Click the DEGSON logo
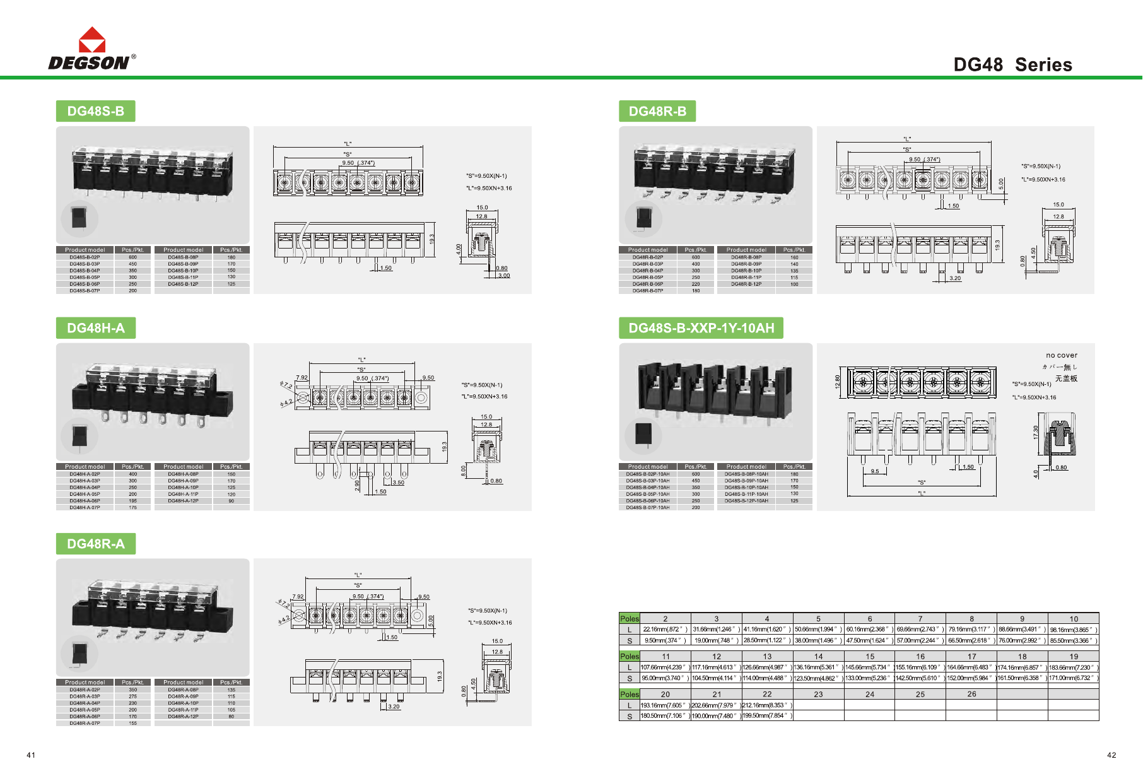click(x=91, y=49)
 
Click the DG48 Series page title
click(x=1012, y=64)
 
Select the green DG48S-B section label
click(x=95, y=111)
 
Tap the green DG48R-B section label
click(x=657, y=111)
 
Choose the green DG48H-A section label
click(x=96, y=328)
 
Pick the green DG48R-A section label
click(x=96, y=544)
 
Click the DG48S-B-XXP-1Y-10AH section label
click(x=701, y=328)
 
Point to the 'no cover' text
click(x=1062, y=355)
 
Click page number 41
click(x=31, y=755)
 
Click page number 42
click(x=1111, y=755)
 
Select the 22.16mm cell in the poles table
click(x=665, y=630)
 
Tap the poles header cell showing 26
click(x=971, y=694)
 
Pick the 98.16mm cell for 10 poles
click(x=1074, y=630)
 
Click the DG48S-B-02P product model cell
click(x=85, y=257)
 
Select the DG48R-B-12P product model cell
click(x=746, y=284)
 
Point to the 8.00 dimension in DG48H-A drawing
click(x=464, y=470)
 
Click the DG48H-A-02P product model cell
click(x=85, y=474)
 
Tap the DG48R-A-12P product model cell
click(x=183, y=717)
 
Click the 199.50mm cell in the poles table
click(x=767, y=715)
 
